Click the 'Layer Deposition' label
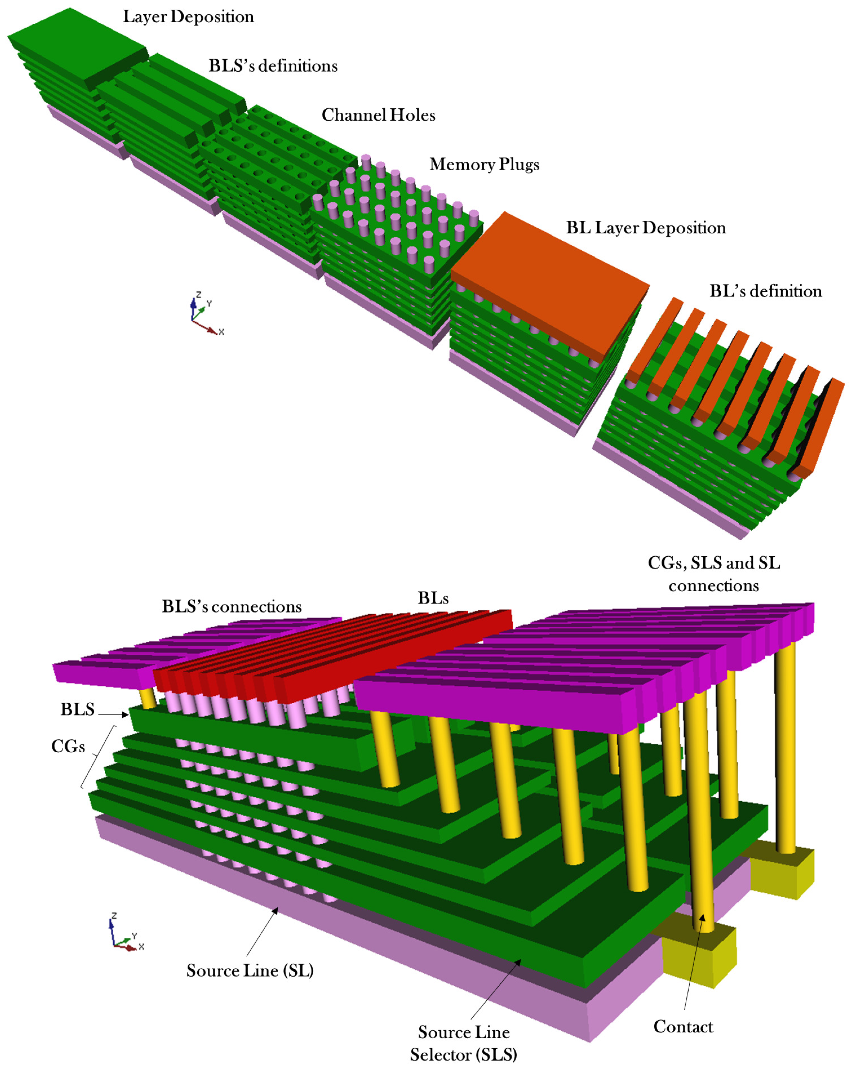188,17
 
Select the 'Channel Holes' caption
378,115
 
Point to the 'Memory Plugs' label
484,164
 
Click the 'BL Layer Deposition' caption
646,228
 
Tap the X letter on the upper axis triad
221,332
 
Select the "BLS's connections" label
231,607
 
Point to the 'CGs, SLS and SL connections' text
714,574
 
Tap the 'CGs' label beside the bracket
68,747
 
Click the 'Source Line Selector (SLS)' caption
464,1043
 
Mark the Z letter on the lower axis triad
114,916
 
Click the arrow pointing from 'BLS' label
114,715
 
